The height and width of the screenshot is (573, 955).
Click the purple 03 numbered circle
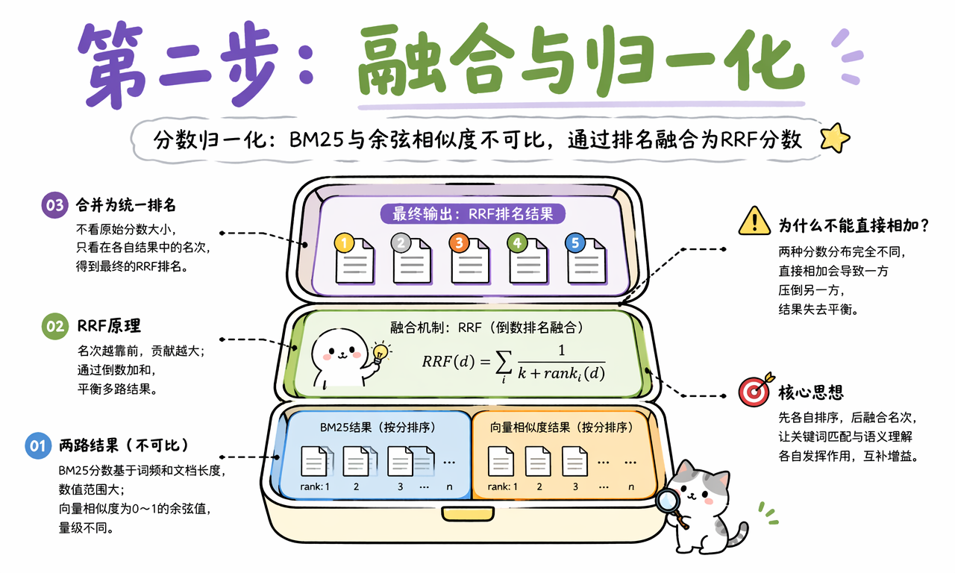[55, 205]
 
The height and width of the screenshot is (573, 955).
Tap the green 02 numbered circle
[55, 327]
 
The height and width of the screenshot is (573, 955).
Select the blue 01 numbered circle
[38, 446]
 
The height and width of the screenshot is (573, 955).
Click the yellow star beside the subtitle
[835, 138]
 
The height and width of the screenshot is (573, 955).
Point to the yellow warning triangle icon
[754, 222]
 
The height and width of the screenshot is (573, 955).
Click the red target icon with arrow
[756, 389]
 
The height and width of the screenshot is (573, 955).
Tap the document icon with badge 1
[354, 258]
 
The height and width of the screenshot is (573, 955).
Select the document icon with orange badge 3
[469, 258]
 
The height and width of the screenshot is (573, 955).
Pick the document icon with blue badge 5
[586, 258]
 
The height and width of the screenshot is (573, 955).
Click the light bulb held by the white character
[380, 353]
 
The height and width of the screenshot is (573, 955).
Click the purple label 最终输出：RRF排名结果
[472, 213]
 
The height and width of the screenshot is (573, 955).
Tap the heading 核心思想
[811, 392]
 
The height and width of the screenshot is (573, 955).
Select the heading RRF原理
[109, 326]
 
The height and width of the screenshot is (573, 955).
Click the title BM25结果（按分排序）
[378, 428]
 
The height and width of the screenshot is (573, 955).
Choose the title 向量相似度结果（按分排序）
[562, 428]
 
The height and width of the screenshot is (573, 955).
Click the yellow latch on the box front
[468, 513]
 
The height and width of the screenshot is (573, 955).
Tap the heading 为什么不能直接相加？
[854, 225]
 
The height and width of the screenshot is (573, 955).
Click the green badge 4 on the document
[517, 243]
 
